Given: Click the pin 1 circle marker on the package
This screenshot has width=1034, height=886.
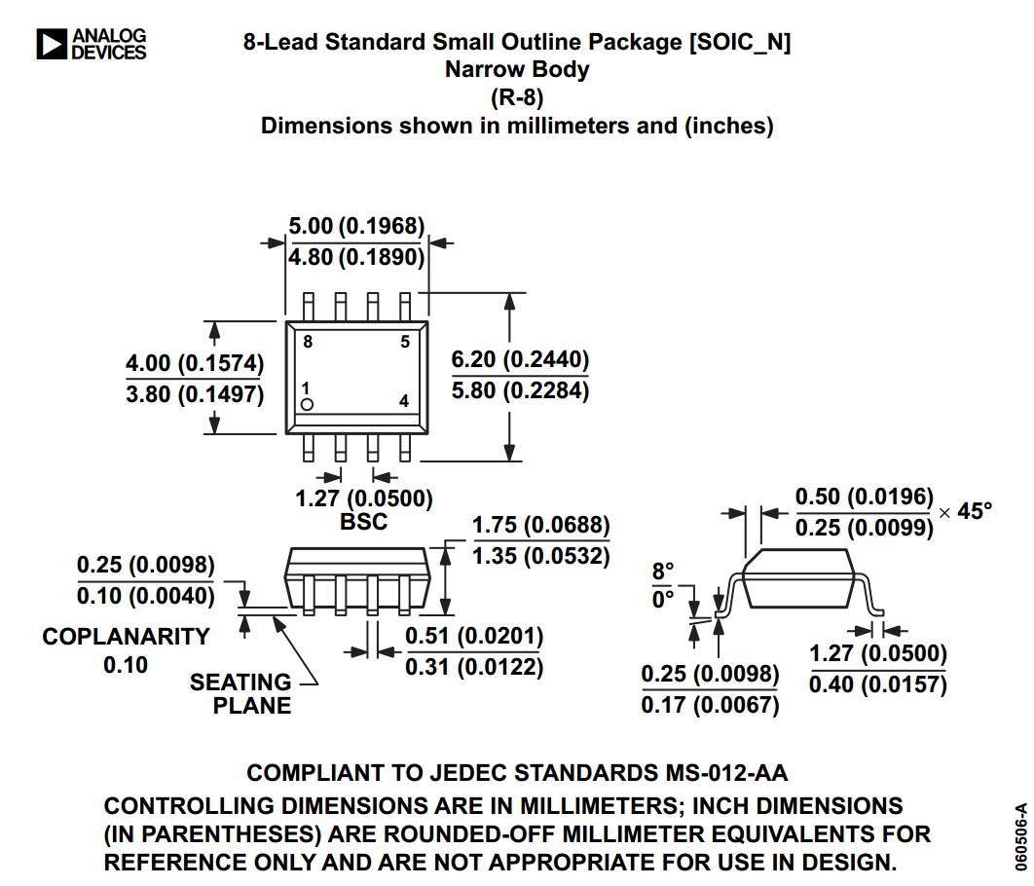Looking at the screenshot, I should (x=307, y=404).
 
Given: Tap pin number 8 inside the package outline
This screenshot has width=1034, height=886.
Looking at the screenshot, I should (x=308, y=342).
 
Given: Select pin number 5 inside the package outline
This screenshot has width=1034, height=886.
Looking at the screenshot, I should (x=405, y=342).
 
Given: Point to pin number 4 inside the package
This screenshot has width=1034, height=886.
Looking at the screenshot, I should (x=404, y=401).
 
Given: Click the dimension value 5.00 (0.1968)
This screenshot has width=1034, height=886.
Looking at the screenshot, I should (x=356, y=227).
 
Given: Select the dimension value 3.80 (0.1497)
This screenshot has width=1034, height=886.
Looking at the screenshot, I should (x=195, y=394).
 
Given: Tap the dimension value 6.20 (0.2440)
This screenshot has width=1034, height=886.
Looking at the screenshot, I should (x=520, y=359).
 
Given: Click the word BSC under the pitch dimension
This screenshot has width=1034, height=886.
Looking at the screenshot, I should (x=363, y=521).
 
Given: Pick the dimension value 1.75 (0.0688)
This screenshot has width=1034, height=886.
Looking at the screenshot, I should (x=541, y=526).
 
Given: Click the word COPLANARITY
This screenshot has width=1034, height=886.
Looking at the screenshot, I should (x=126, y=636).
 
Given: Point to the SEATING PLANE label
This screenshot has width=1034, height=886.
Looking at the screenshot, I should (x=240, y=693).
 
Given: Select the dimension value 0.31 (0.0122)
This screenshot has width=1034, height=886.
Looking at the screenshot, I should (x=474, y=667).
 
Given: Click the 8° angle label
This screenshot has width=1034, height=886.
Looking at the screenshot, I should (x=663, y=571).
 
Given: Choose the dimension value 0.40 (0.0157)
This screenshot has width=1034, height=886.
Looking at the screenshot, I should (x=878, y=683).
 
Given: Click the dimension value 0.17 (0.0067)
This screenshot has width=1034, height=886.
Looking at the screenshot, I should (x=711, y=704).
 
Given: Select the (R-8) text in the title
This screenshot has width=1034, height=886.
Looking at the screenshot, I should (x=517, y=97).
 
